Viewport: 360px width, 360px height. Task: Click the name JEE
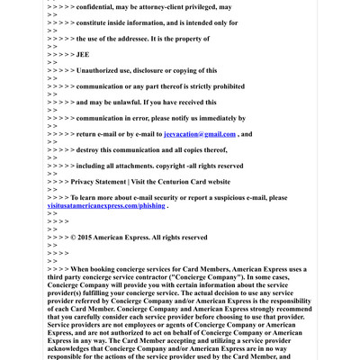83,54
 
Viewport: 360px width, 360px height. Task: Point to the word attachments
135,166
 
